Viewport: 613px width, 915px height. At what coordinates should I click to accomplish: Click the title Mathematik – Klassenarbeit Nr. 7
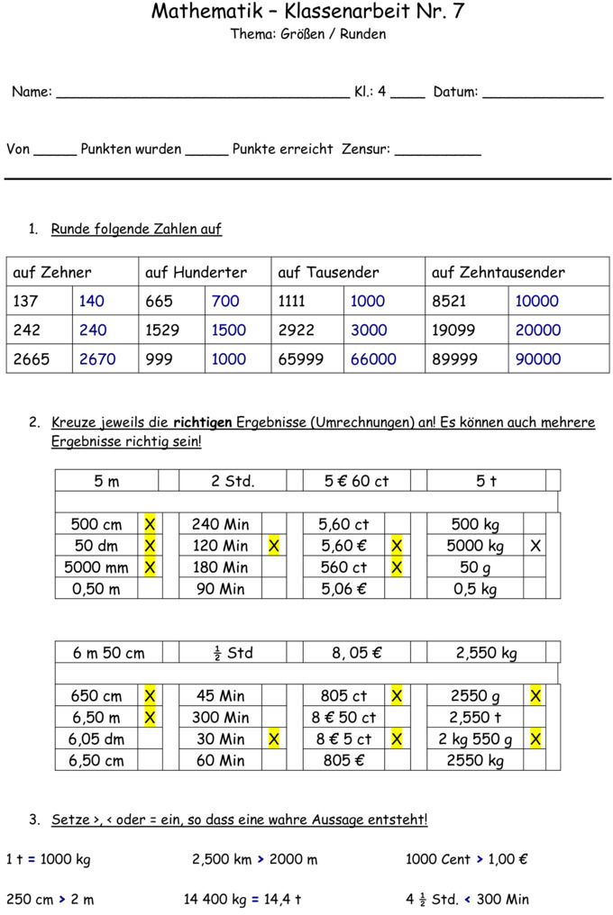[307, 12]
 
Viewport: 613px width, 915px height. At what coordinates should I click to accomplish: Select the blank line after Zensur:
[437, 151]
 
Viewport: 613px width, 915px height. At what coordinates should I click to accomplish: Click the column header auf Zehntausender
[499, 272]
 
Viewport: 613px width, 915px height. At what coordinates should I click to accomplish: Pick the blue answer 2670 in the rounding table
[97, 358]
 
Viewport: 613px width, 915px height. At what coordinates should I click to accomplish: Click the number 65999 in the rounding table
[301, 358]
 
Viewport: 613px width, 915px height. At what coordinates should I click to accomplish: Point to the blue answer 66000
[373, 358]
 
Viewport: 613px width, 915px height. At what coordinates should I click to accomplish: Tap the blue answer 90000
[537, 358]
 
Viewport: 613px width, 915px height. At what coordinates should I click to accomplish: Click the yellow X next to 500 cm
[150, 524]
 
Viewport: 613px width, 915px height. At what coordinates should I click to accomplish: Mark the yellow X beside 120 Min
[273, 546]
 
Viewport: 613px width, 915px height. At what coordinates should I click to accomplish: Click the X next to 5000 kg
[535, 546]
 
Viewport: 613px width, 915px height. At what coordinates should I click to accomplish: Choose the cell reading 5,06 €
[343, 589]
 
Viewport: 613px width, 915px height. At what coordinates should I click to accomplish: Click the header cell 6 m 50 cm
[109, 653]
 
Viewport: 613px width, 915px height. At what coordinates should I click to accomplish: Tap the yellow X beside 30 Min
[273, 738]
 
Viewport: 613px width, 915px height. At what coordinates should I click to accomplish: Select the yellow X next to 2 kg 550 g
[535, 738]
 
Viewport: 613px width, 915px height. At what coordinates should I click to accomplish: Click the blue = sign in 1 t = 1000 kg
[32, 859]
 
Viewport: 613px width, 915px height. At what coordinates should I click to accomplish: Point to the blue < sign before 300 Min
[467, 899]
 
